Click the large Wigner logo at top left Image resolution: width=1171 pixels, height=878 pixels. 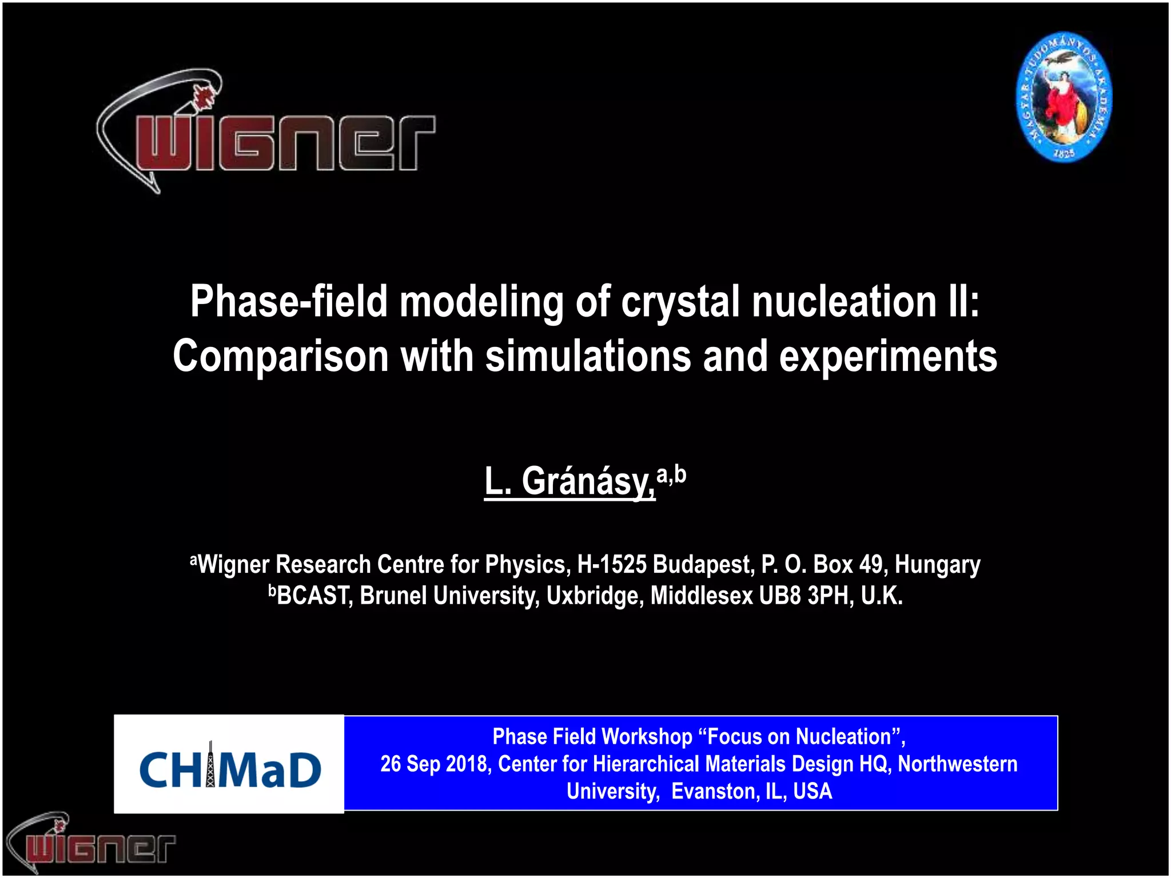[266, 134]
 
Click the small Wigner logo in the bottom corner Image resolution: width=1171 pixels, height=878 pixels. [91, 843]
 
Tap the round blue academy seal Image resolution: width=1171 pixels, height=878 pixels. [1064, 97]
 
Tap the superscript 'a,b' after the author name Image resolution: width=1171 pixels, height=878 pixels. [671, 474]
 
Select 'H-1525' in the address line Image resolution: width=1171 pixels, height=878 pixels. [612, 565]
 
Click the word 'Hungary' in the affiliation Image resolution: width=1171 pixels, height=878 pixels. [937, 565]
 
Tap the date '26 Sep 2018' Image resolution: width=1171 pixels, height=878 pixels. [436, 764]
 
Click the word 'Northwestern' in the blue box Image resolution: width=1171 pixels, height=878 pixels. [958, 764]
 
